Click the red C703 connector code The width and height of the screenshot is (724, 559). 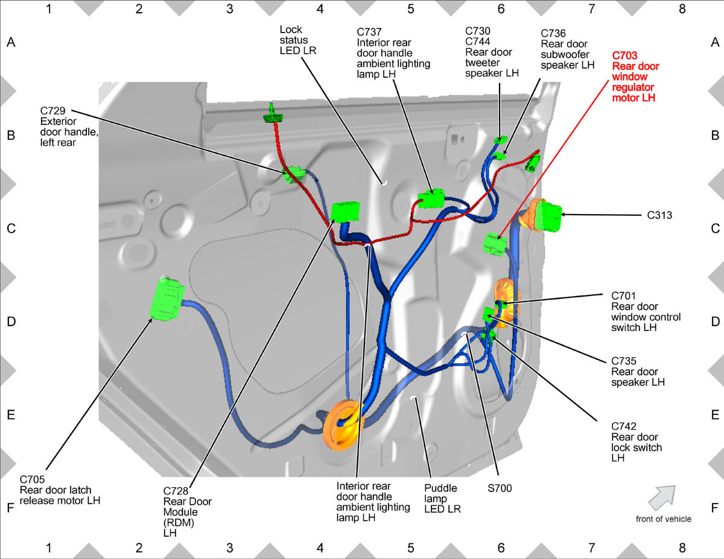point(624,55)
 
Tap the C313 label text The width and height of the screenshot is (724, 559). point(659,215)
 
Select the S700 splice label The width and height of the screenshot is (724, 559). point(500,488)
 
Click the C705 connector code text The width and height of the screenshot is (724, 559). point(32,479)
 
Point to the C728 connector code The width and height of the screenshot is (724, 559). point(176,491)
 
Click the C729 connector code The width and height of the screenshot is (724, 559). point(52,110)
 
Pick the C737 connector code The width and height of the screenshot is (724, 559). point(369,32)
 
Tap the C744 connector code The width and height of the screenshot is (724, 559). point(478,41)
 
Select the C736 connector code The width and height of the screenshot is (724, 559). point(553,33)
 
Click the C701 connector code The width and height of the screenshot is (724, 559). point(623,295)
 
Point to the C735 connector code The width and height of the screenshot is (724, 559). point(623,361)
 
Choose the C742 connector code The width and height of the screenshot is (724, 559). point(623,426)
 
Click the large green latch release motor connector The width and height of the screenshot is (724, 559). point(167,298)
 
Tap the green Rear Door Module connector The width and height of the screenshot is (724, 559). point(346,212)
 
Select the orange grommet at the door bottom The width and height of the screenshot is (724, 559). point(343,426)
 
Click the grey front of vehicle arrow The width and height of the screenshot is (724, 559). point(662,497)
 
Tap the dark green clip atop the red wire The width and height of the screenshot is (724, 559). point(273,115)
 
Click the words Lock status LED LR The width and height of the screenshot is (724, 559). point(298,40)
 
